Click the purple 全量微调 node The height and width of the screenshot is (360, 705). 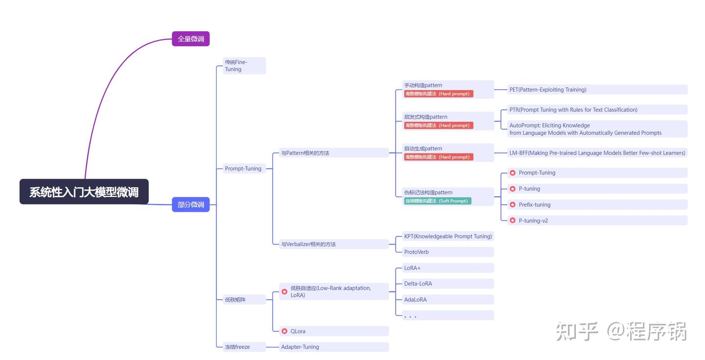click(x=190, y=39)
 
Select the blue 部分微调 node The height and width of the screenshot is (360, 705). click(x=190, y=204)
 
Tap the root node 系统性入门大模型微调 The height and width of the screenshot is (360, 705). click(x=84, y=192)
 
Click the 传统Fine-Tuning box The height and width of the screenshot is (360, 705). click(x=243, y=66)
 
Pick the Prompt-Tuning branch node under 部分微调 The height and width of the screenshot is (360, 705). click(x=243, y=168)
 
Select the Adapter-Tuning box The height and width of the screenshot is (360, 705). click(x=333, y=347)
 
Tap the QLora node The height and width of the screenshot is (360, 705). click(x=333, y=331)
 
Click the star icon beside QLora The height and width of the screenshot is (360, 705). click(x=284, y=331)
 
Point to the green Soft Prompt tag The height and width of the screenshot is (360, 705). click(x=438, y=201)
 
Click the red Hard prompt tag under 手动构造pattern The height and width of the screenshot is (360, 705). click(x=438, y=94)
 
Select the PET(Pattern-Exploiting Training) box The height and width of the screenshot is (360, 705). click(x=597, y=90)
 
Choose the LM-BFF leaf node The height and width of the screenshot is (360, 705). click(x=597, y=153)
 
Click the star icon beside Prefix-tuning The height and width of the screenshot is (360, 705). click(x=513, y=205)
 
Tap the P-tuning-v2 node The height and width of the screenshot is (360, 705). click(x=597, y=220)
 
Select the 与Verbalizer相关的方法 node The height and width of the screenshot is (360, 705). click(x=333, y=244)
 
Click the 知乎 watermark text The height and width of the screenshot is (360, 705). click(x=577, y=332)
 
